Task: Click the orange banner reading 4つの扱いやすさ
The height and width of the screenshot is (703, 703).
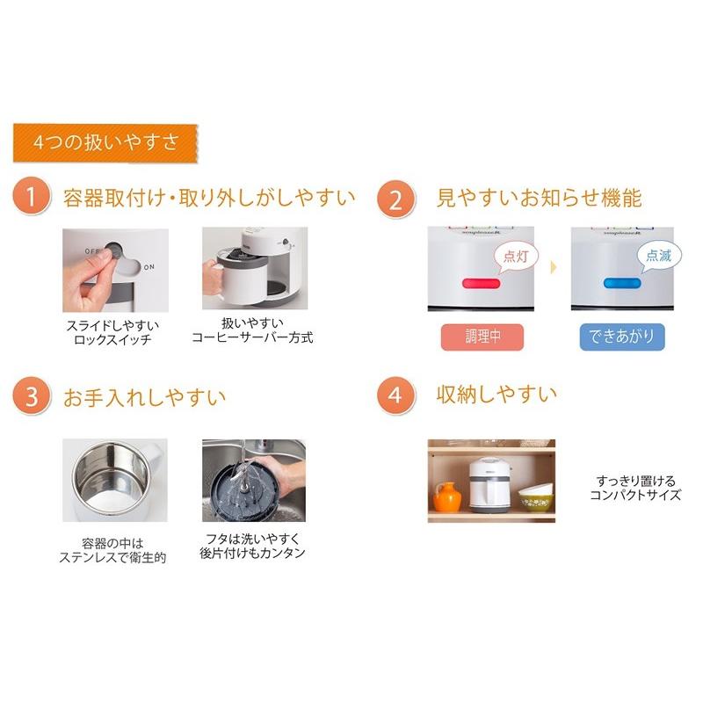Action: (105, 141)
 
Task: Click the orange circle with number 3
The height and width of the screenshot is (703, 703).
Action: (32, 396)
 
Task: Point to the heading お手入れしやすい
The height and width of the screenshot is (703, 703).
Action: (145, 396)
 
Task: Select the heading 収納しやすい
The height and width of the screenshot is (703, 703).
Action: (496, 394)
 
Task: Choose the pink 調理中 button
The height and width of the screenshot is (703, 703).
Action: (482, 337)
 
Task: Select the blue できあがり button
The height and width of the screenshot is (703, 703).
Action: (622, 337)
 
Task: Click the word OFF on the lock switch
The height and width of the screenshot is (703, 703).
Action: (93, 251)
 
